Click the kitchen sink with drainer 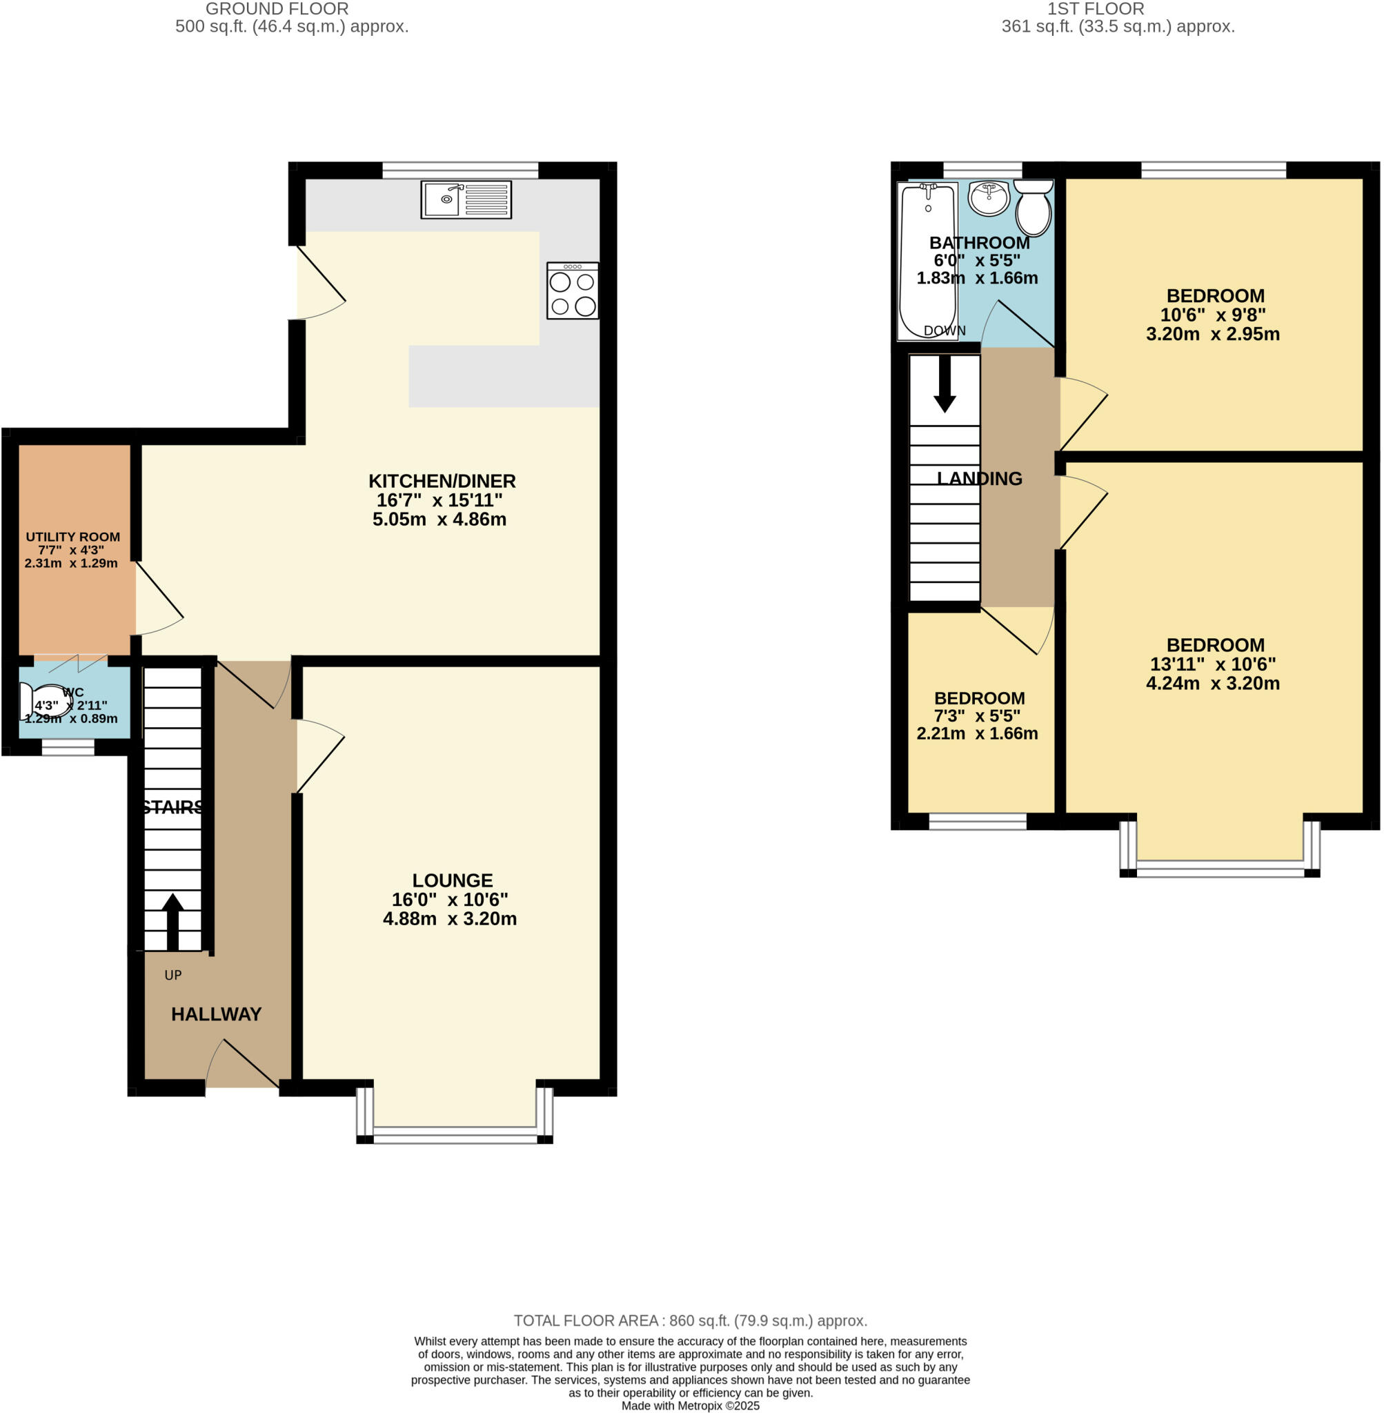tap(466, 199)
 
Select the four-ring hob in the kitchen tap(573, 290)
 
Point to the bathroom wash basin tap(989, 199)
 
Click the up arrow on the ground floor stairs tap(172, 921)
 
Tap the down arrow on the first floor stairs tap(945, 384)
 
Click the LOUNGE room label tap(452, 880)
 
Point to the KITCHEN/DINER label tap(442, 481)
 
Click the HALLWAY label tap(216, 1014)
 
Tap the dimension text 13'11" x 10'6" tap(1212, 664)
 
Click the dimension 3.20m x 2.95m tap(1212, 335)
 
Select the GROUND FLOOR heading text tap(277, 10)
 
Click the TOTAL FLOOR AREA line tap(691, 1321)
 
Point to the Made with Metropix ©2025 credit tap(691, 1405)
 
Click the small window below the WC tap(68, 747)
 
